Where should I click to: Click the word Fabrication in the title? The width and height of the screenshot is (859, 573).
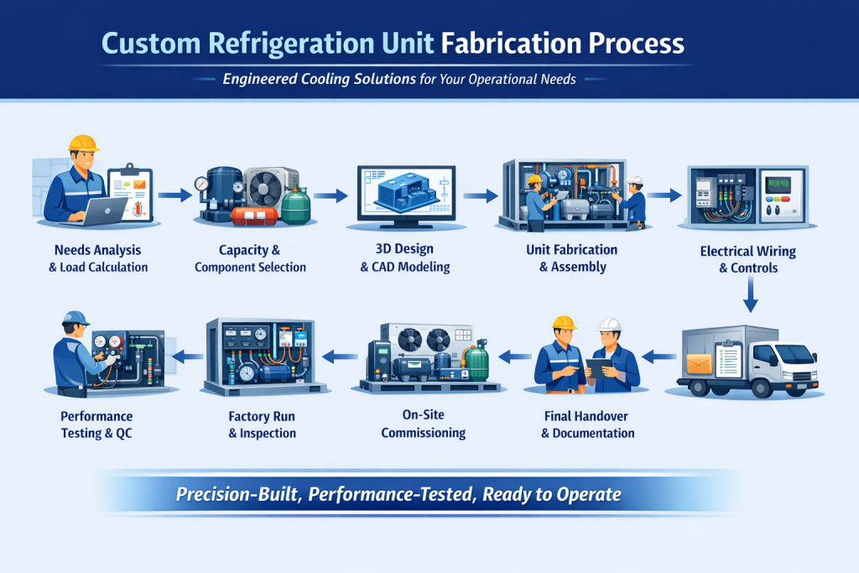[511, 44]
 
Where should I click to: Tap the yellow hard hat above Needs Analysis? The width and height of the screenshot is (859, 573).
[83, 143]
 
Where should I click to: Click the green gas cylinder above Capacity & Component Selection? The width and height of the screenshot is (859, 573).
[296, 205]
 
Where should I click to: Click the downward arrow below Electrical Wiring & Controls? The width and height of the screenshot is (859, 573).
[751, 294]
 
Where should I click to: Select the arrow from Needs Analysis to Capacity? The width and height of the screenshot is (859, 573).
[174, 195]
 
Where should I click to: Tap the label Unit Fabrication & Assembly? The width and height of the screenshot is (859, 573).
[572, 258]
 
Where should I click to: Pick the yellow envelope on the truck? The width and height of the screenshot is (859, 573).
[699, 364]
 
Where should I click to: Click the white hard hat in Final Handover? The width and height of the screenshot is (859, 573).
[609, 325]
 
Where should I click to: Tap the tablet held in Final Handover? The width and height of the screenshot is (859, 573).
[598, 367]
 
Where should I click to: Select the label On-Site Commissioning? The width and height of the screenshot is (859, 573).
[424, 424]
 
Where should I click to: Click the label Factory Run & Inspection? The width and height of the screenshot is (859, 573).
[262, 425]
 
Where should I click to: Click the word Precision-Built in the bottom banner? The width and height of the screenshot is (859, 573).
[237, 495]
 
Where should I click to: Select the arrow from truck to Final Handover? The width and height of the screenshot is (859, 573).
[659, 357]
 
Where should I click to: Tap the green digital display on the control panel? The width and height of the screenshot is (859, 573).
[778, 183]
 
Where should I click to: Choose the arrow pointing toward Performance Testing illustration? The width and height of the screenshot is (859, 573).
[187, 357]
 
